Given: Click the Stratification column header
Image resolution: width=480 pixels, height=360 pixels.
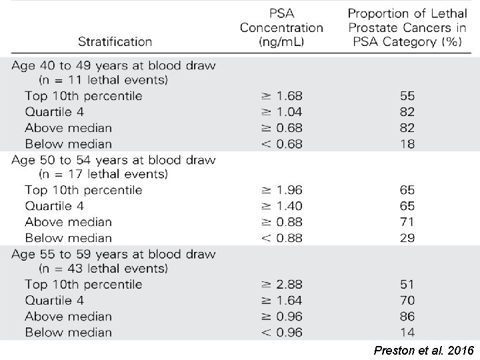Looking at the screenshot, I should pos(115,41).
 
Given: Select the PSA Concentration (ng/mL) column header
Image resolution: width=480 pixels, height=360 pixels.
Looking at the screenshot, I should pos(281,28).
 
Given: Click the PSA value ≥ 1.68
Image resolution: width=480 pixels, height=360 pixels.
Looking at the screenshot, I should pos(281,96).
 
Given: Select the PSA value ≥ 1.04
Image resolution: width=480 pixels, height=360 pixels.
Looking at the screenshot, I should pos(281,112).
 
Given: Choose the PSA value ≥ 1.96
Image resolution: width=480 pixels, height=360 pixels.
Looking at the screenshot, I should pos(281,190).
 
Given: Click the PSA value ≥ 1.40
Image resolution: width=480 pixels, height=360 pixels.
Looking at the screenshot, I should pos(281,206).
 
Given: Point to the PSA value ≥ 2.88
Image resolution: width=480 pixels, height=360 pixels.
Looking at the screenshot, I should pos(281,285).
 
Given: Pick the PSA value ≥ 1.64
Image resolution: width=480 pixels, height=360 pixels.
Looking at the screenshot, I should pos(281,301).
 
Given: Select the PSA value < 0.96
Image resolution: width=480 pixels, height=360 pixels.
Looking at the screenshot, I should pos(281,333).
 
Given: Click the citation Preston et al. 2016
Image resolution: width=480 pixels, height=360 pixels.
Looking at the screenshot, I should pos(424,350).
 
